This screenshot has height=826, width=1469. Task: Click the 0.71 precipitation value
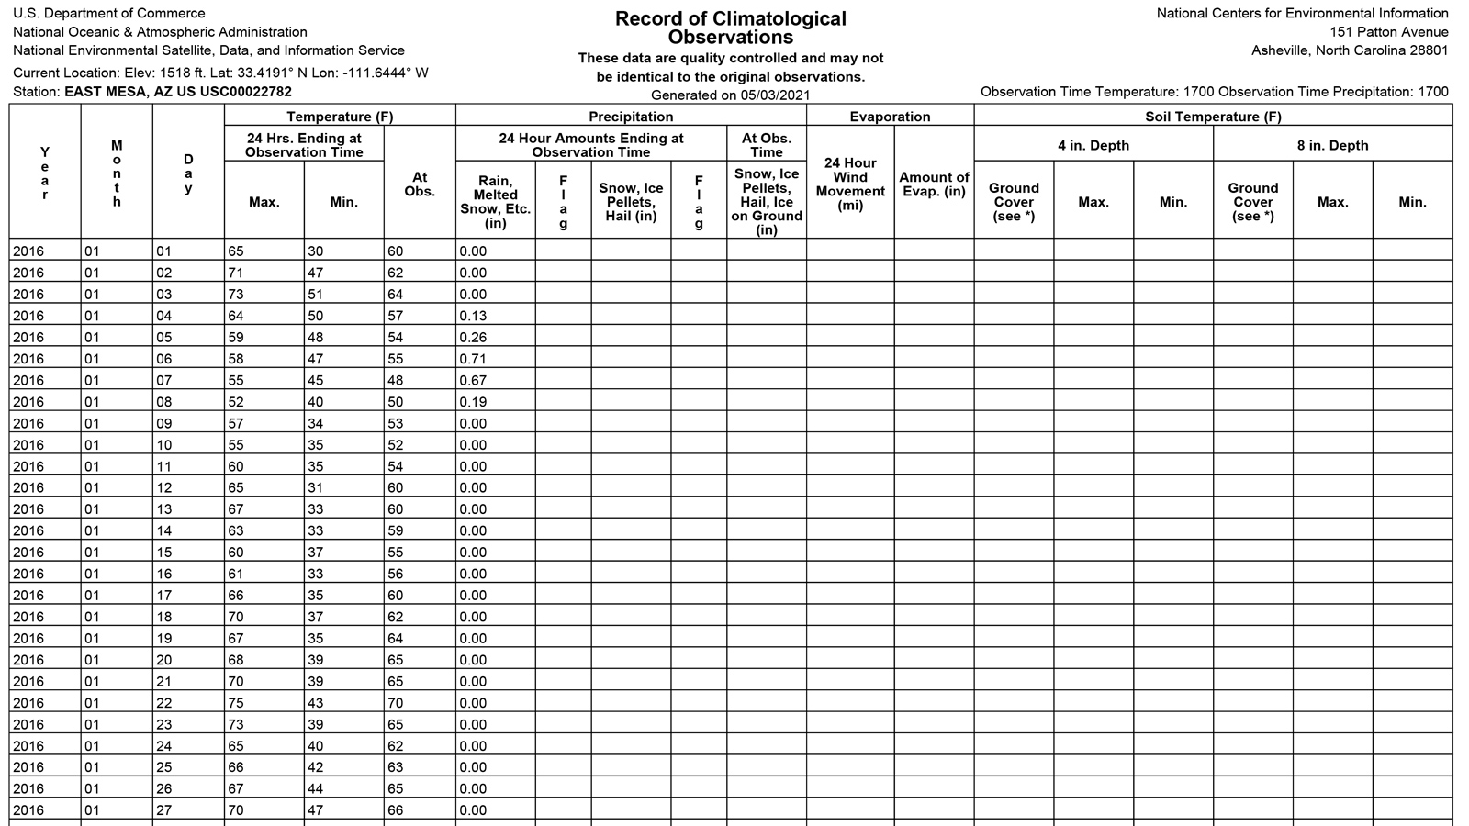[x=474, y=359]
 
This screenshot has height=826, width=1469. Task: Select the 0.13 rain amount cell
[x=474, y=316]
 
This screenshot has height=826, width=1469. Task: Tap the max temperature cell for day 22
[x=238, y=703]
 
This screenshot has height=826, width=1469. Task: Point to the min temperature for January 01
[x=317, y=251]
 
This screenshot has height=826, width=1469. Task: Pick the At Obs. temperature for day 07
[x=395, y=380]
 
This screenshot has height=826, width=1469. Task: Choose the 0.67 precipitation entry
[x=474, y=380]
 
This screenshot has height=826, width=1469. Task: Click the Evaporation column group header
[x=890, y=117]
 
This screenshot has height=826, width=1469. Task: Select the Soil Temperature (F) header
[x=1213, y=117]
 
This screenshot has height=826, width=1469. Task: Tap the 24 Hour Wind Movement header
[x=850, y=184]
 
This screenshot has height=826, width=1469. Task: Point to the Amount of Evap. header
[x=934, y=184]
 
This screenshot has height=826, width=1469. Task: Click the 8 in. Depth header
[x=1332, y=145]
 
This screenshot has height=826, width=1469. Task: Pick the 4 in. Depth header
[x=1093, y=145]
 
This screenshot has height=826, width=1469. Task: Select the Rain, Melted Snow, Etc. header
[x=495, y=202]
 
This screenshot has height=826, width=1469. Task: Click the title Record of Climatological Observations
[x=731, y=28]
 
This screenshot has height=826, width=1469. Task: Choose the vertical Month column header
[x=117, y=173]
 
